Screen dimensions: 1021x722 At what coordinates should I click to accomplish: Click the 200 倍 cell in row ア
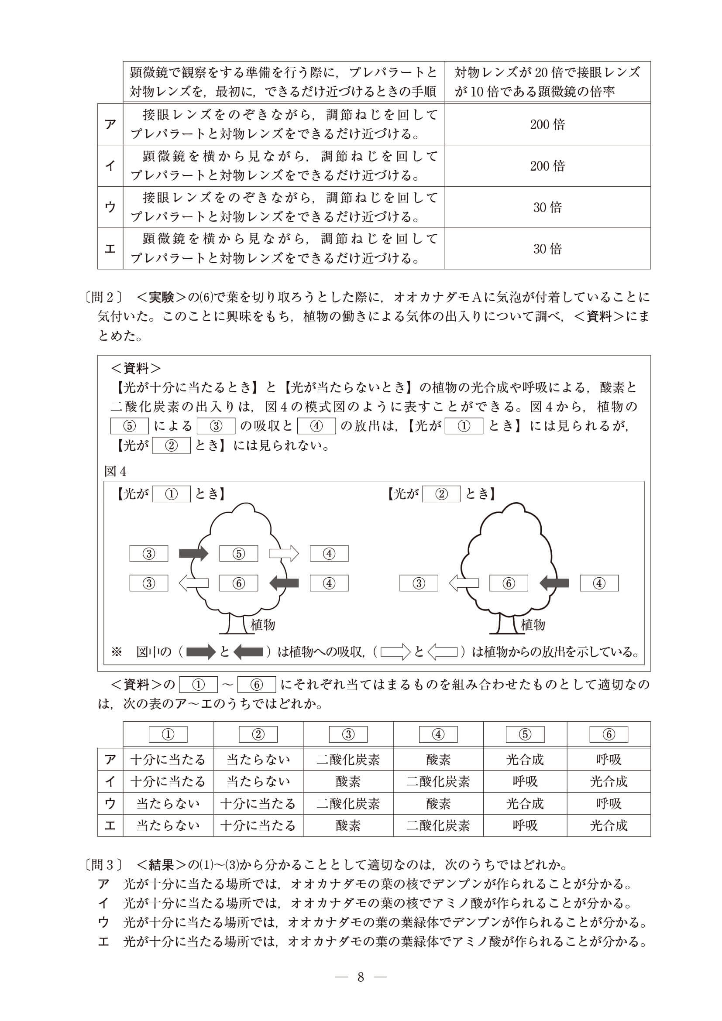click(547, 124)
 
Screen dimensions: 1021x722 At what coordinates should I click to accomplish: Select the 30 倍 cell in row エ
click(547, 249)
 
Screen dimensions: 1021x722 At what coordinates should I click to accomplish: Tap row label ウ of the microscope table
click(110, 207)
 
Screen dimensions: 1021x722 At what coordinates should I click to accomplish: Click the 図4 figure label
click(115, 471)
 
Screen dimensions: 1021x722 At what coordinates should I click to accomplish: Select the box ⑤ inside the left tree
click(238, 554)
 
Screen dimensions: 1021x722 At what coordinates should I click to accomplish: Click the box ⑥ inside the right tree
click(509, 583)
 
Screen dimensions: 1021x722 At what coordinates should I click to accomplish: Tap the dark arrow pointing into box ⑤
click(193, 553)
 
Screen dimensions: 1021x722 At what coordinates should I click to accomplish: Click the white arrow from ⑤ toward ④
click(284, 554)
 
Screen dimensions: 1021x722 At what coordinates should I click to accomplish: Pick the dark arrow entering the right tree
click(554, 582)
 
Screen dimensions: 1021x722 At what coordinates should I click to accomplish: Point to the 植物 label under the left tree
click(263, 625)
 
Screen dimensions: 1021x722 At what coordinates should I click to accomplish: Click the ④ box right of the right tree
click(599, 583)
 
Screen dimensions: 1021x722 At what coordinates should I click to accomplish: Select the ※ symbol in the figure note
click(116, 652)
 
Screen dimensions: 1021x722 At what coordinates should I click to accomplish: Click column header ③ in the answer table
click(348, 734)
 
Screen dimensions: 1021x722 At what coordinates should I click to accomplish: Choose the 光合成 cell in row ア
click(525, 760)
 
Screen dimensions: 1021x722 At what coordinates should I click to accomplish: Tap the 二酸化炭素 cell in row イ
click(438, 781)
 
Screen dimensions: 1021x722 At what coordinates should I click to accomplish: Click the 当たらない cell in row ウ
click(168, 804)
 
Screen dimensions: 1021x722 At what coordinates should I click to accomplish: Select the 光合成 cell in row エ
click(608, 826)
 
